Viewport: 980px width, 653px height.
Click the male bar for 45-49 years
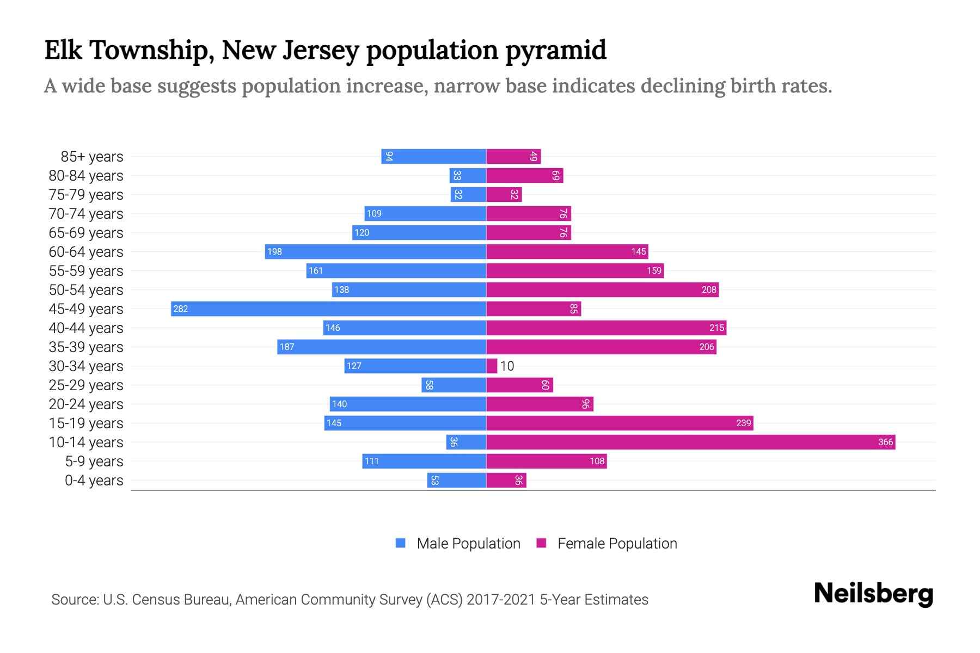pyautogui.click(x=328, y=309)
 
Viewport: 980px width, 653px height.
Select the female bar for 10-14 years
pyautogui.click(x=690, y=442)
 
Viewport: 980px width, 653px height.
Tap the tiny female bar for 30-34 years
pyautogui.click(x=492, y=366)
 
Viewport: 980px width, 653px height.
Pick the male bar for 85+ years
pyautogui.click(x=433, y=156)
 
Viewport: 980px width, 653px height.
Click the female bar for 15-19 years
pyautogui.click(x=620, y=423)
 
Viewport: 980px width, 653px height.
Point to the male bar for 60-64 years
pyautogui.click(x=376, y=251)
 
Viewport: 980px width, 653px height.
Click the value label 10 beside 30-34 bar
pyautogui.click(x=507, y=366)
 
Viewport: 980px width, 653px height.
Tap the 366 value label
pyautogui.click(x=885, y=442)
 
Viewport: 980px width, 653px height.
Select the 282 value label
pyautogui.click(x=180, y=309)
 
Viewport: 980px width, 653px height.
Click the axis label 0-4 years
pyautogui.click(x=94, y=480)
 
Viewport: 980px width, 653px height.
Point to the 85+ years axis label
pyautogui.click(x=91, y=157)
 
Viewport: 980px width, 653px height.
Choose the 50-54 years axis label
pyautogui.click(x=86, y=290)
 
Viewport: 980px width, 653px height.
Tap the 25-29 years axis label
pyautogui.click(x=86, y=385)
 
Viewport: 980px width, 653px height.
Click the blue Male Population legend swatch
pyautogui.click(x=401, y=543)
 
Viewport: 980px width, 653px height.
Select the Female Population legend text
pyautogui.click(x=617, y=544)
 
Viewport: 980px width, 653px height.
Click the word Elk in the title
pyautogui.click(x=63, y=50)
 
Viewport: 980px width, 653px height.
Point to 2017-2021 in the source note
pyautogui.click(x=501, y=600)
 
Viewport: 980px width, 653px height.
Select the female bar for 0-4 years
pyautogui.click(x=506, y=480)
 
